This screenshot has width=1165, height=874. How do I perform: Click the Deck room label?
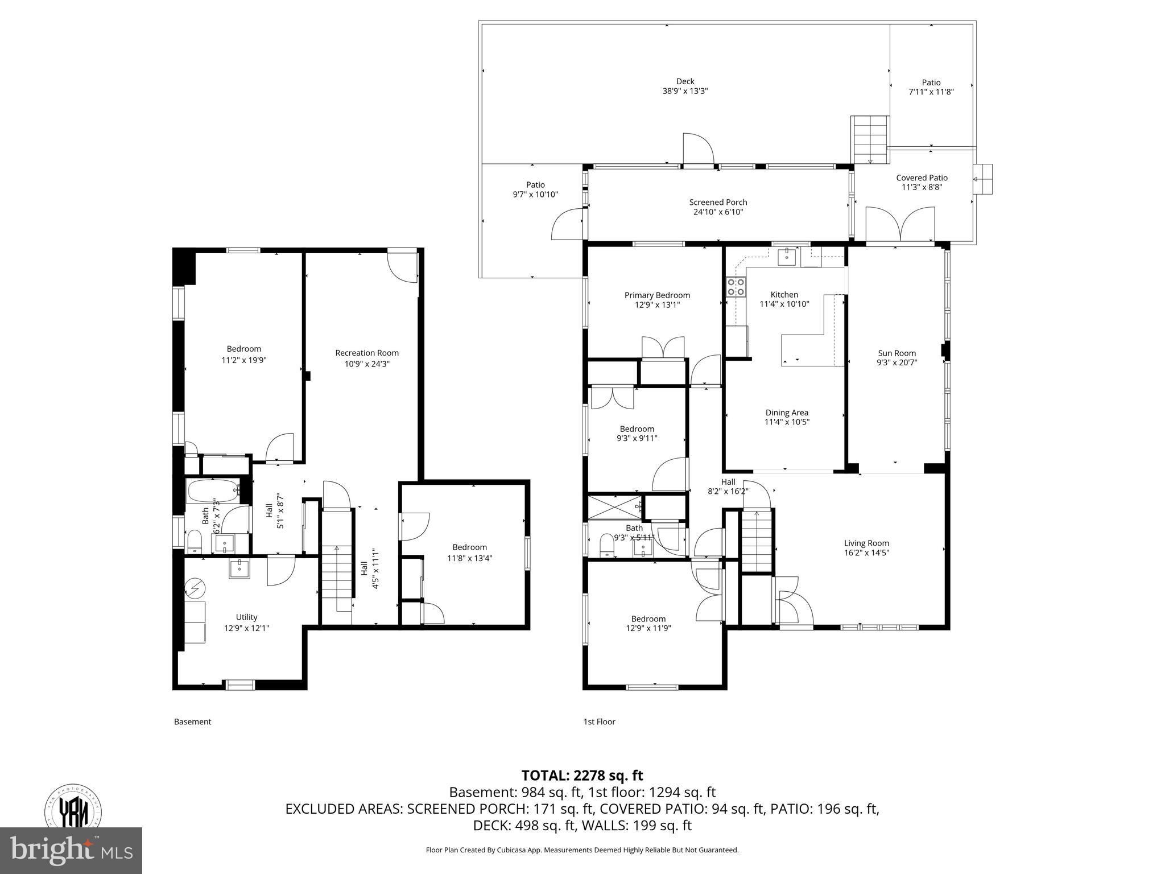pos(685,81)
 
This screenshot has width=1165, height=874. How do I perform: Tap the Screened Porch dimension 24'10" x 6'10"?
pos(718,212)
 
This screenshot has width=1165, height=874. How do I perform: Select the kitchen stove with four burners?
pos(736,287)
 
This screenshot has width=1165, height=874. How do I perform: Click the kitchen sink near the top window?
pos(787,257)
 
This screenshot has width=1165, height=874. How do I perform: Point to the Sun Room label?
pos(897,353)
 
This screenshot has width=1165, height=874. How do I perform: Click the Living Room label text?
pos(866,543)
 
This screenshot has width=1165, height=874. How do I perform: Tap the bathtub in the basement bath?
pos(213,489)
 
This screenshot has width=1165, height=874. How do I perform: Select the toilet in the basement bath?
pos(195,541)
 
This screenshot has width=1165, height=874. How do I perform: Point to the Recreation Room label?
pos(367,353)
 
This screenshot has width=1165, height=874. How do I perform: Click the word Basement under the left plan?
pos(192,722)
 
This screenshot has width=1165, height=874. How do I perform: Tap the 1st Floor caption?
pos(599,722)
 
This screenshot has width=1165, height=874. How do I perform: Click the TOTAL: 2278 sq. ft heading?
pos(582,775)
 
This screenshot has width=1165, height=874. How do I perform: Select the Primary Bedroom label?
pos(657,295)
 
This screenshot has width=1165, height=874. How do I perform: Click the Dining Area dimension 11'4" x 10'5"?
pos(787,422)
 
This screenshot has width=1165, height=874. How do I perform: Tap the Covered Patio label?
pos(922,178)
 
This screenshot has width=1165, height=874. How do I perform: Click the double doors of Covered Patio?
pos(899,225)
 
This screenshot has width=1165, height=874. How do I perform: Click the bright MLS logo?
pos(71,851)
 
